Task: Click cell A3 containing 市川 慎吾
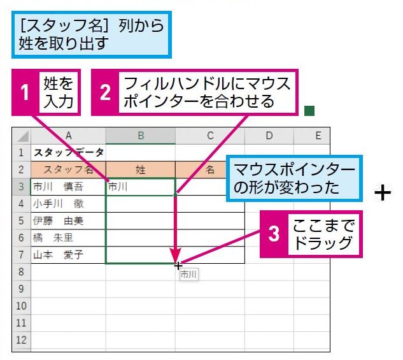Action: coord(68,187)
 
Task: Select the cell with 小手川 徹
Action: coord(68,204)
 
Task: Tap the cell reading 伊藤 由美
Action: coord(68,221)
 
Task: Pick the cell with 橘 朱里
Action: coord(68,238)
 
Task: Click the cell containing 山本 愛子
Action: coord(68,255)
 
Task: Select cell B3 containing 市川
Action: coord(141,187)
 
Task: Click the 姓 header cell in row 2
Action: coord(141,169)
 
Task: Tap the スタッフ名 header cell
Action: coord(68,169)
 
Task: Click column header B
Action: coord(141,136)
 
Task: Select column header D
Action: coord(269,136)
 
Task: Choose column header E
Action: coord(318,136)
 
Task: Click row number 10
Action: coord(22,306)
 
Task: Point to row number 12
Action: coord(22,340)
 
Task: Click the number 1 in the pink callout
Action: coord(25,92)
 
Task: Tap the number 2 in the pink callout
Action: coord(105,92)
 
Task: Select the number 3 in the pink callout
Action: coord(274,234)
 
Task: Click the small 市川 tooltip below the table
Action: coord(189,275)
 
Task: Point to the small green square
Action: coord(309,111)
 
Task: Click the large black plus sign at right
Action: coord(383,192)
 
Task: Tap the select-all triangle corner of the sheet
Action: coord(23,136)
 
